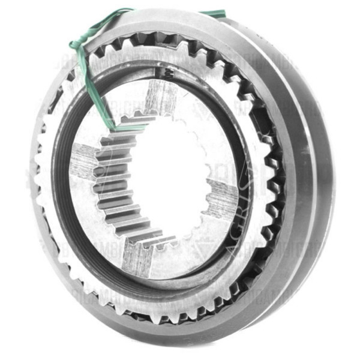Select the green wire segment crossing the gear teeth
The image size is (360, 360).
coord(90,78)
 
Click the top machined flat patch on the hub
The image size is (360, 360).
coord(160,96)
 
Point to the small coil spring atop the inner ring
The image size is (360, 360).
coord(170,72)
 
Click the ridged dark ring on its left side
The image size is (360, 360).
coord(60,180)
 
